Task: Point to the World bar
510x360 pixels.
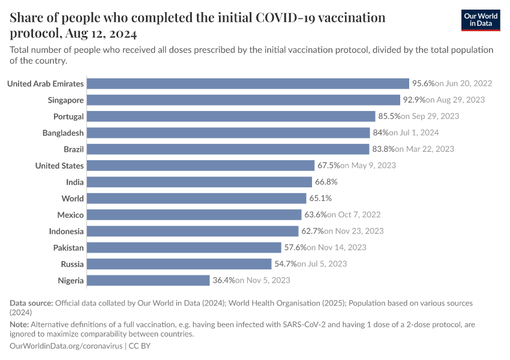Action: pyautogui.click(x=197, y=199)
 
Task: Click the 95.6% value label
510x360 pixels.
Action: pyautogui.click(x=423, y=84)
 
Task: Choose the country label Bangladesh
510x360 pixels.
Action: pyautogui.click(x=63, y=133)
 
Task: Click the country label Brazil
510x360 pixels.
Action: pyautogui.click(x=73, y=149)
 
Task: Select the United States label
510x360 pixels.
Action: pyautogui.click(x=59, y=166)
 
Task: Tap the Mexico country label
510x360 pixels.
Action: pyautogui.click(x=70, y=215)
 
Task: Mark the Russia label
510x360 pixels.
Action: pyautogui.click(x=72, y=264)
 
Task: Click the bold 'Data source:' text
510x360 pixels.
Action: pyautogui.click(x=32, y=303)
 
